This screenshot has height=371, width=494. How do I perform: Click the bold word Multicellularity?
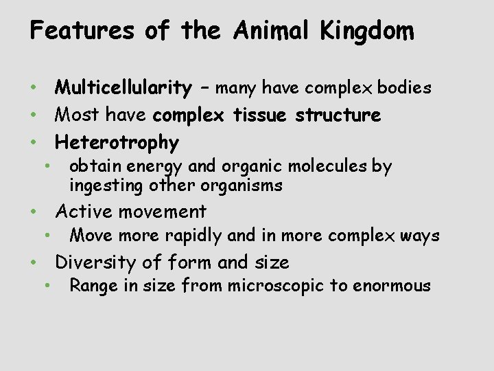123,88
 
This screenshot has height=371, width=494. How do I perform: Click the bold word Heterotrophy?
117,143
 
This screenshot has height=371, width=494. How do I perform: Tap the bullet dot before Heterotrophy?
33,142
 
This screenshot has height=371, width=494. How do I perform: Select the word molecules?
323,166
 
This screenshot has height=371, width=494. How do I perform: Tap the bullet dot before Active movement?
33,212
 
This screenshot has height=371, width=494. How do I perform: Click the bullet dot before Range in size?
46,285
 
